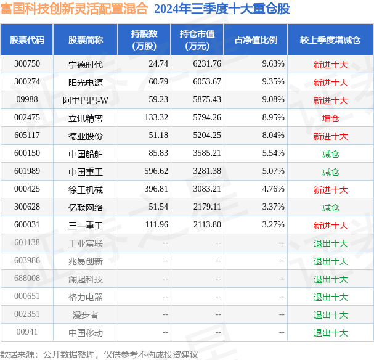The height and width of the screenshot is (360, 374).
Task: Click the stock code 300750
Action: tap(26, 64)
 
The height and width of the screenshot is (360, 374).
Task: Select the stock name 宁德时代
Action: tap(86, 64)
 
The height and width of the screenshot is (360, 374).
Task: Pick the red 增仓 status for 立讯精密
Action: tap(330, 118)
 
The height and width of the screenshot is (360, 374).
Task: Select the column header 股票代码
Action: tap(26, 40)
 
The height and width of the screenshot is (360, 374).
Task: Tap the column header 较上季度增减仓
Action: tap(330, 40)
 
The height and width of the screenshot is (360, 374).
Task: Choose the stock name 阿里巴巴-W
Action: tap(86, 100)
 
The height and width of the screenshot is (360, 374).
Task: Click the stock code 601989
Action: tap(26, 171)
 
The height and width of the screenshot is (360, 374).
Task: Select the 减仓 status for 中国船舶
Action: tap(330, 153)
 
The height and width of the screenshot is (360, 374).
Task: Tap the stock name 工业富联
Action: tap(86, 243)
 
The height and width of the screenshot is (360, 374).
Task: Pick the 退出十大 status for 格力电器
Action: tap(330, 297)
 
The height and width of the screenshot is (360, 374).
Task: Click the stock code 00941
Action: tap(26, 332)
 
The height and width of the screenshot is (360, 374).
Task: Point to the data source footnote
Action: tap(99, 354)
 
